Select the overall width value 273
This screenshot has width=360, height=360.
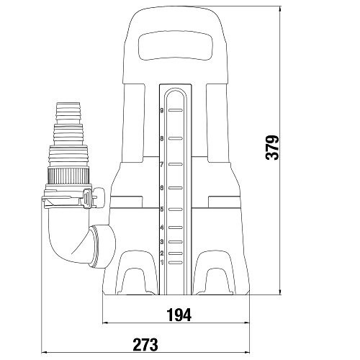(x=145, y=344)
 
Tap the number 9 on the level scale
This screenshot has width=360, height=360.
(x=163, y=111)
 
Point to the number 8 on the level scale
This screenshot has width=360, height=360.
(x=163, y=138)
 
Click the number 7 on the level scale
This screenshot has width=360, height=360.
(x=163, y=164)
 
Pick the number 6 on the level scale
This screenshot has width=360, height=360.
(x=163, y=188)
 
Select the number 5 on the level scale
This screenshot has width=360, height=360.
(x=163, y=210)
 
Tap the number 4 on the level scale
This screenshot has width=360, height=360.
(x=163, y=228)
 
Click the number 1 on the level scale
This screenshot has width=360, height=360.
(x=163, y=262)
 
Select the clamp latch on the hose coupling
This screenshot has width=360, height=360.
(x=86, y=196)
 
